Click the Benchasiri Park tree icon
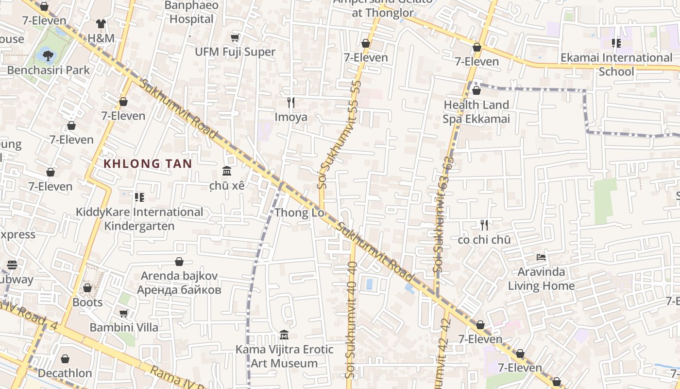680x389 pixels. point(48,55)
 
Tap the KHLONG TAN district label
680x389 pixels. point(148,163)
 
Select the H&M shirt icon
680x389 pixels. point(101,24)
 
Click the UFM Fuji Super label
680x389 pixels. point(235,52)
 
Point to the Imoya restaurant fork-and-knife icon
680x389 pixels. point(291,102)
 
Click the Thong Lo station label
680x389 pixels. point(299,212)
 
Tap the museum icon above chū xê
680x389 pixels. point(227,171)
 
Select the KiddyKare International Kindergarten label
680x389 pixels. point(139,219)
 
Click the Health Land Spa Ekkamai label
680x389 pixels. point(476,112)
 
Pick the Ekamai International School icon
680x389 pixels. point(616,43)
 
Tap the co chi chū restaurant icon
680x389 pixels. point(484,225)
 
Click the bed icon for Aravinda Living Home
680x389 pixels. point(541,257)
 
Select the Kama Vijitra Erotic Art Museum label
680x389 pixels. point(284,356)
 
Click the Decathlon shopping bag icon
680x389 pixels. point(65,359)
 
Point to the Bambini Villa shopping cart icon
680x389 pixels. point(123,313)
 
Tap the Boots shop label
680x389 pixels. point(87,302)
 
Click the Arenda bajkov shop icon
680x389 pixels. point(179,262)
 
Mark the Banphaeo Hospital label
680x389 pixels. point(191,13)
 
